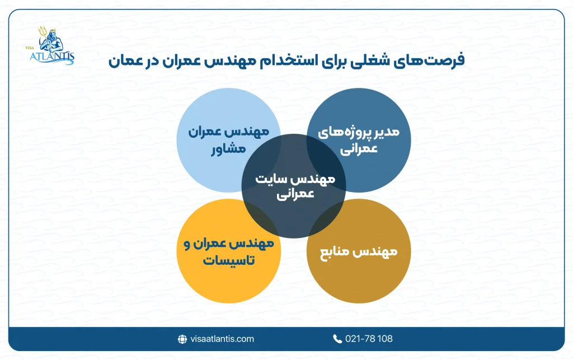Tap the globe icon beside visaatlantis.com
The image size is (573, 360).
(x=181, y=339)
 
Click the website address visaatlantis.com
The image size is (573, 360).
(x=222, y=339)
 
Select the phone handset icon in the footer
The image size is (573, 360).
(x=337, y=339)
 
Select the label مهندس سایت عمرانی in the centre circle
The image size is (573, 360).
(x=294, y=187)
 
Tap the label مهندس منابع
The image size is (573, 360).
(x=359, y=251)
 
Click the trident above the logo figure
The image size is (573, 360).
(x=41, y=32)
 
